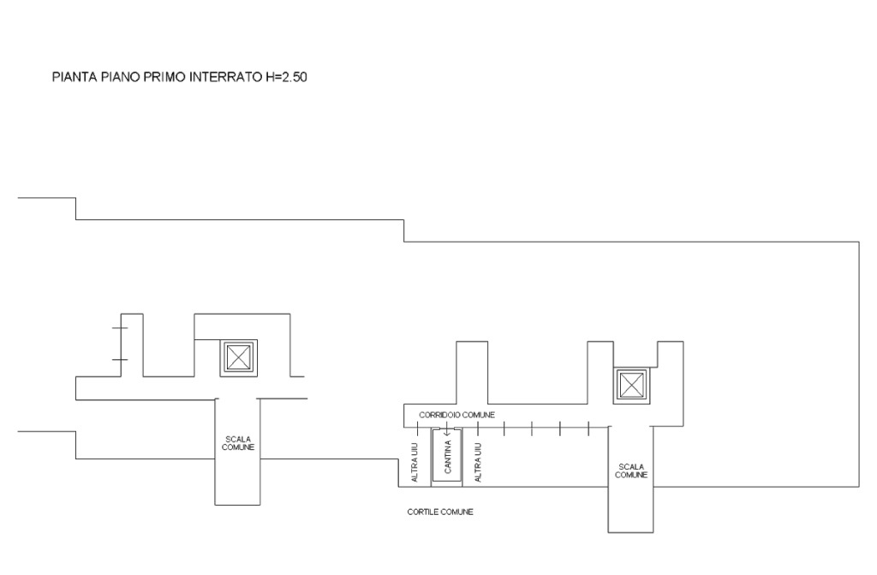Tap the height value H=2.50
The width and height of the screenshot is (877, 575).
click(286, 77)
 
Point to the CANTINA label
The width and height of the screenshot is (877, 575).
click(447, 457)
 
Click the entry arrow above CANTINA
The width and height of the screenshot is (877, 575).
click(447, 429)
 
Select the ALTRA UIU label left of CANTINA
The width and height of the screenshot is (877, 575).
click(415, 463)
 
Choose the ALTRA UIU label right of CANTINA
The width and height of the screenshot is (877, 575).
click(478, 463)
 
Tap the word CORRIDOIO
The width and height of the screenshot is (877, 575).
click(440, 415)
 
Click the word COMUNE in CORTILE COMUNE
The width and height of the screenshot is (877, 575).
click(457, 512)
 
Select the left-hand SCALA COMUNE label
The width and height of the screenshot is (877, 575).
click(238, 443)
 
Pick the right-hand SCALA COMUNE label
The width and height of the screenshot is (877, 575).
click(631, 470)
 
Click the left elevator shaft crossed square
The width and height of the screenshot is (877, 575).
click(238, 357)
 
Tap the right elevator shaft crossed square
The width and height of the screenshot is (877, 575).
click(631, 386)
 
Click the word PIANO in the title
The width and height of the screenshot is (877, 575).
click(121, 77)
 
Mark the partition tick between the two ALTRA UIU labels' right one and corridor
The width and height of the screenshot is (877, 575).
click(478, 428)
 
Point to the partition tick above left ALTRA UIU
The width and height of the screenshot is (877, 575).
click(417, 428)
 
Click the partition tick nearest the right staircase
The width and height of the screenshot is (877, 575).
click(589, 428)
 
